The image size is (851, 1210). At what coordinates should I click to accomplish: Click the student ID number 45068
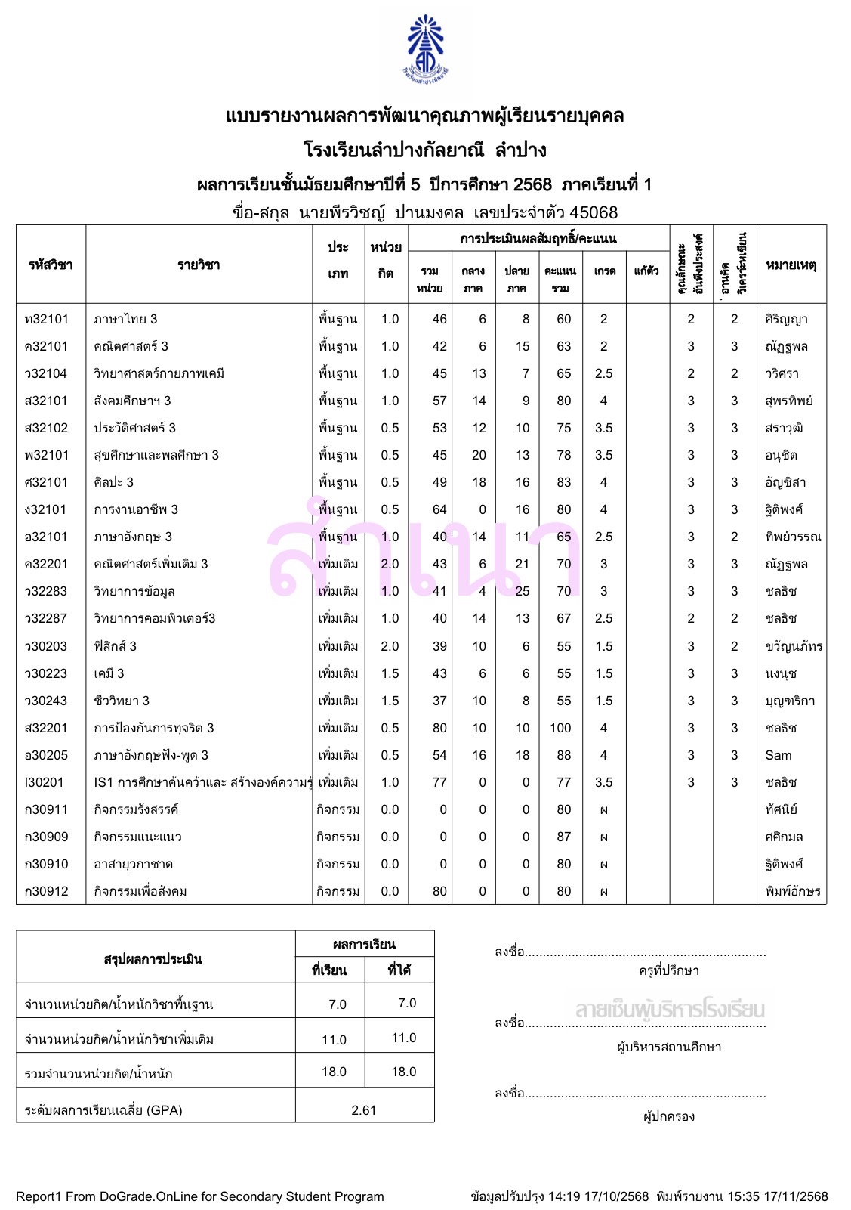[x=594, y=213]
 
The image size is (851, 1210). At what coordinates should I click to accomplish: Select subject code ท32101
[x=47, y=319]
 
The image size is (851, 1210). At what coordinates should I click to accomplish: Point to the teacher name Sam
[x=779, y=755]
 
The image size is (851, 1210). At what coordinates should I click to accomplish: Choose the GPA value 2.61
[x=364, y=1110]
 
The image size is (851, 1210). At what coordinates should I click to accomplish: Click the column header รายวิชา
[x=199, y=265]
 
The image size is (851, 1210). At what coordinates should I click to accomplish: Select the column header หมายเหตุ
[x=791, y=265]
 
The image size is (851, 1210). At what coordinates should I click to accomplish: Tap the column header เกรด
[x=604, y=271]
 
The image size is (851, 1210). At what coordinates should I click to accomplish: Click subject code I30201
[x=45, y=782]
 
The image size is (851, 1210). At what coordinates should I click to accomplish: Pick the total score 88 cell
[x=563, y=755]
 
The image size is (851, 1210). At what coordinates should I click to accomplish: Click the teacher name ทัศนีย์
[x=782, y=809]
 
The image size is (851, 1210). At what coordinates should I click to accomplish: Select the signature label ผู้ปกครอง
[x=669, y=1116]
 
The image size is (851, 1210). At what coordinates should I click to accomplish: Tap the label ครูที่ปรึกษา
[x=669, y=970]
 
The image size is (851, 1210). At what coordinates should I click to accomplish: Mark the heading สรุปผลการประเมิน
[x=153, y=959]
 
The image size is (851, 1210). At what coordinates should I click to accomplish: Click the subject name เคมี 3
[x=109, y=673]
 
